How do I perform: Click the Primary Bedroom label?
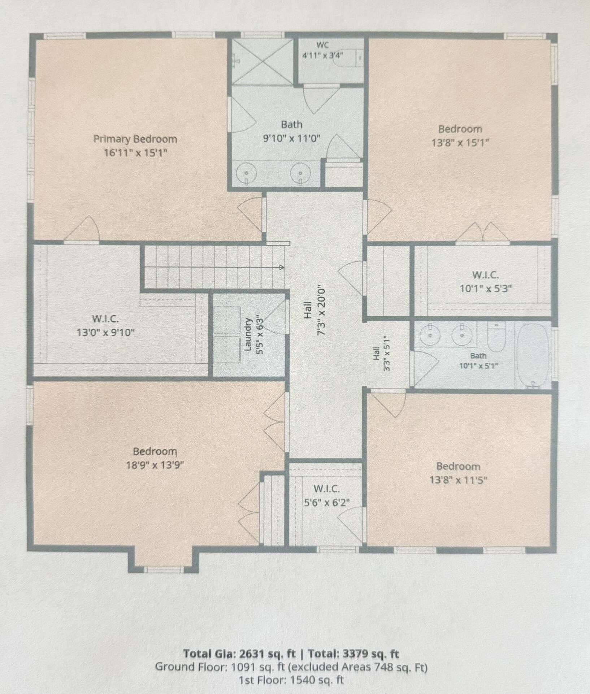point(135,139)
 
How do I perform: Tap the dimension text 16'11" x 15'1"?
point(135,153)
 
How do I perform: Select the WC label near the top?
point(322,45)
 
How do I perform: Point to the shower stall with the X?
point(262,61)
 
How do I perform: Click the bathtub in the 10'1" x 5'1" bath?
point(533,356)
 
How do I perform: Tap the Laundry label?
point(248,334)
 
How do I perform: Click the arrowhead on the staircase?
point(281,267)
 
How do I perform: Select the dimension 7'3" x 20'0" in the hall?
point(321,311)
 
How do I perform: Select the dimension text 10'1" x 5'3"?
point(486,289)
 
